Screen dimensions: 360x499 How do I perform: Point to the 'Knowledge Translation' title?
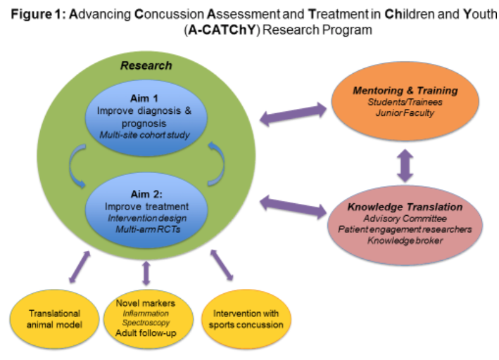(x=405, y=207)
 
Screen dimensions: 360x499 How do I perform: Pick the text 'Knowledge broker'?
(x=405, y=240)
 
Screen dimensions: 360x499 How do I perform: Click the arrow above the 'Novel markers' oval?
(x=146, y=273)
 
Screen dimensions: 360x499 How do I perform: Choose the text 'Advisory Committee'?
(x=405, y=219)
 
